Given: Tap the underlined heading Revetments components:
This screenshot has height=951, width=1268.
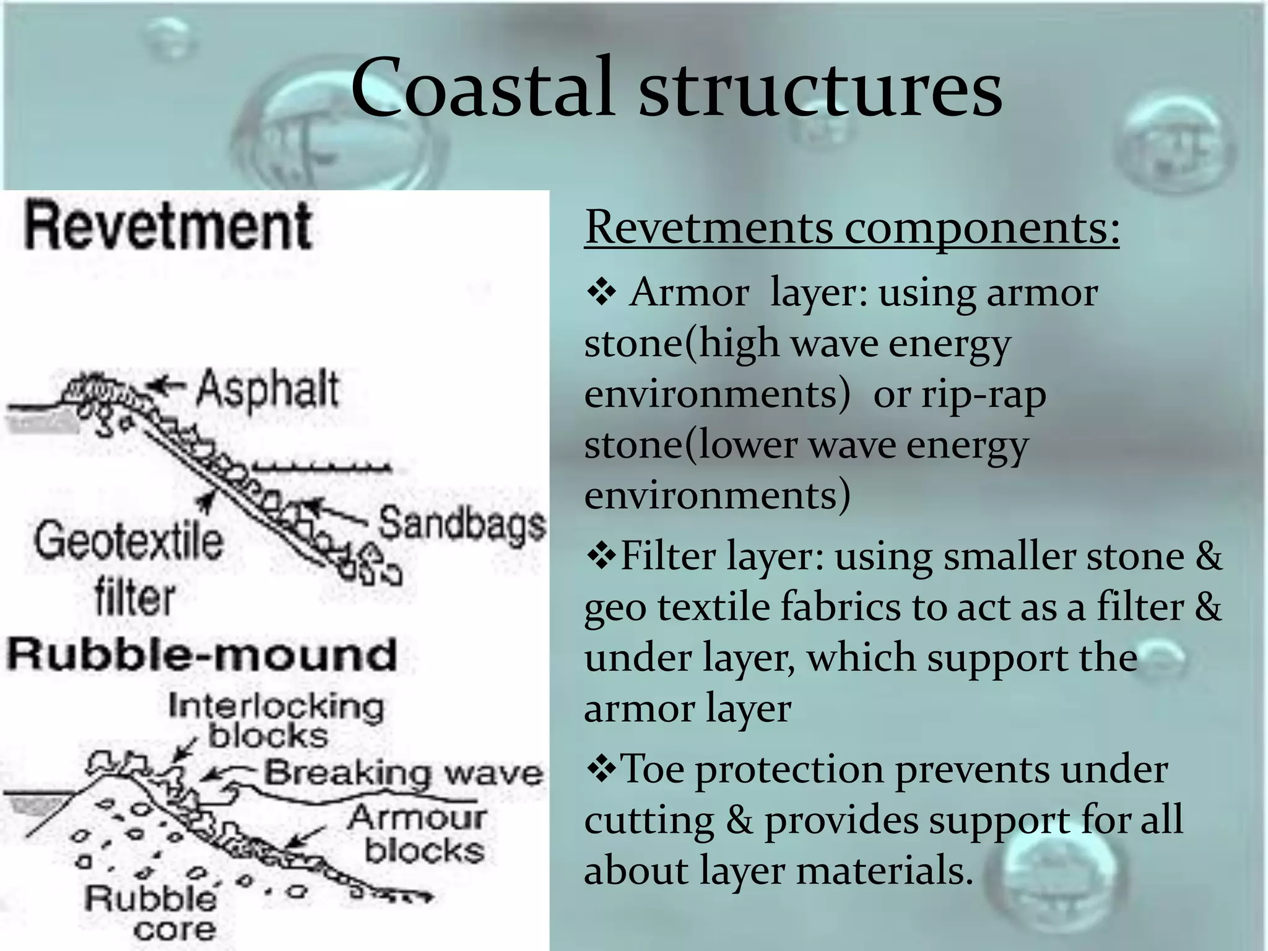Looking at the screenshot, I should pos(852,228).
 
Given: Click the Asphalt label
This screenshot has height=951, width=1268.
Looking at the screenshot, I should pos(267,389).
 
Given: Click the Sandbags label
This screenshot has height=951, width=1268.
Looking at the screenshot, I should pos(462,524).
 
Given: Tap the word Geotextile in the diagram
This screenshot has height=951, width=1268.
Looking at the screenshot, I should pos(128,541).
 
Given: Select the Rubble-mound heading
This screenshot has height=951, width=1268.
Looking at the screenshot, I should pos(201,655).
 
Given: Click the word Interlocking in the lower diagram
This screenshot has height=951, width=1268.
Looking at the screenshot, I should pos(276,706).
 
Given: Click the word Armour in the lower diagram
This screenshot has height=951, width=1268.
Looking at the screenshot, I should pos(417,819).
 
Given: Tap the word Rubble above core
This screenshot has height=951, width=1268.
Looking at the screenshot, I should pos(150,898).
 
